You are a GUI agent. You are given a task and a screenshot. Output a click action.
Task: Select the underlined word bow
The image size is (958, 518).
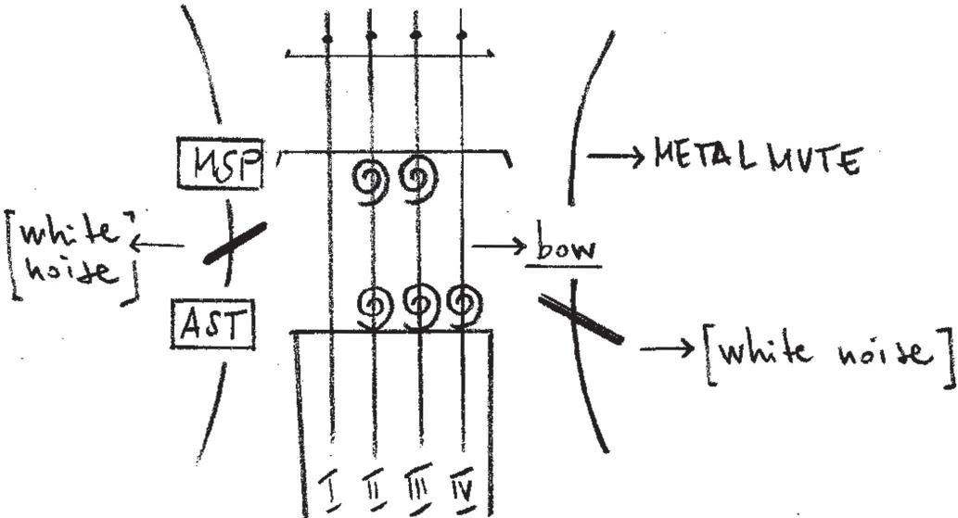pyautogui.click(x=563, y=250)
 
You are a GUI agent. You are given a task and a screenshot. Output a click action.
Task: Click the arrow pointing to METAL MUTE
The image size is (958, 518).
pyautogui.click(x=616, y=158)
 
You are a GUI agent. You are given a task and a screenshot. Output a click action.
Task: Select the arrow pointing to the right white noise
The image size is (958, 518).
pyautogui.click(x=667, y=349)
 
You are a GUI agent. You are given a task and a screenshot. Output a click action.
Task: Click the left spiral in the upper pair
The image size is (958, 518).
pyautogui.click(x=372, y=178)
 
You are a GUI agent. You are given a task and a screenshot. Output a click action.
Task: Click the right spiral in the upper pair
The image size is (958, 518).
pyautogui.click(x=418, y=178)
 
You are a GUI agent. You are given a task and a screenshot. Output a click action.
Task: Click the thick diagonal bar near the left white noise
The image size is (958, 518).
pyautogui.click(x=236, y=242)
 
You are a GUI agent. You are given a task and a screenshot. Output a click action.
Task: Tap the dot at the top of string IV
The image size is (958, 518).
pyautogui.click(x=462, y=36)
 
